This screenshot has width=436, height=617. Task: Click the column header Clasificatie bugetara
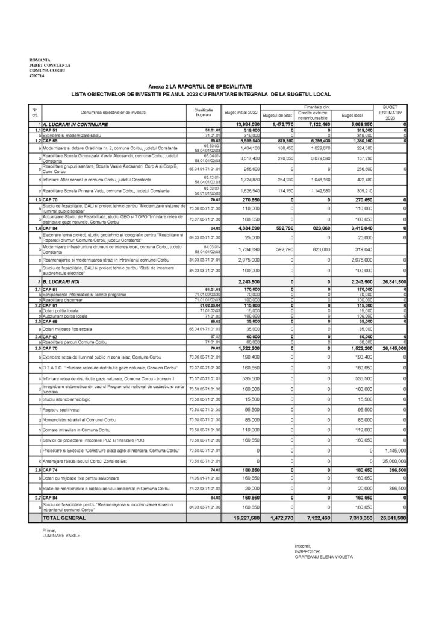(x=200, y=113)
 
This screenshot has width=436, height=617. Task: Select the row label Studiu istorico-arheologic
(x=65, y=398)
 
